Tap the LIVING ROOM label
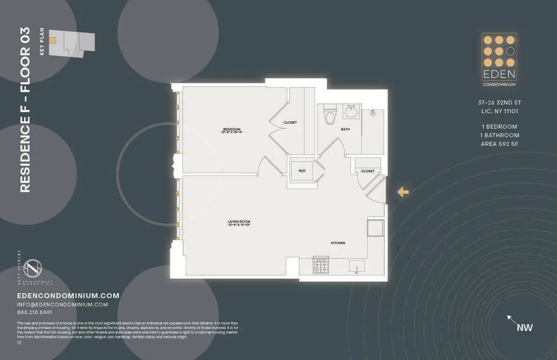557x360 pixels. click(239, 222)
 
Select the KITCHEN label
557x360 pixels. click(338, 243)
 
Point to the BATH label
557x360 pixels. click(345, 129)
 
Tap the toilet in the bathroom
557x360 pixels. click(330, 114)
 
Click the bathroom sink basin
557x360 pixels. click(350, 111)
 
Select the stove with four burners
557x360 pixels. click(321, 266)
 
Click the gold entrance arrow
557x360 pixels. click(403, 192)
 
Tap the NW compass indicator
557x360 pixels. click(525, 328)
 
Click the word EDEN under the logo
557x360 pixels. click(499, 75)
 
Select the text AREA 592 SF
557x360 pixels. click(499, 144)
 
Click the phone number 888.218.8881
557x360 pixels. click(35, 313)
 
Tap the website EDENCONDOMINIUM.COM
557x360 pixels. click(68, 296)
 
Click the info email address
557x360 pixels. click(62, 304)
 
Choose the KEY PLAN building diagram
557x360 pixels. click(71, 43)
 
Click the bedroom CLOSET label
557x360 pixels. click(290, 122)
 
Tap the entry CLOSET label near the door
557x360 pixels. click(368, 171)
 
